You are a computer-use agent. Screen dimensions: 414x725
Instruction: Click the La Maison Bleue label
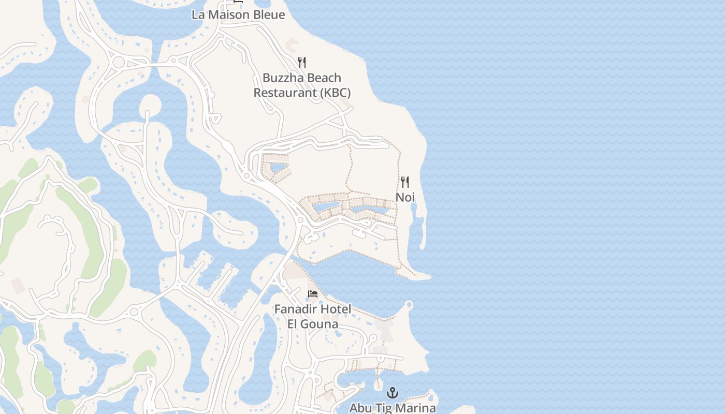point(238,14)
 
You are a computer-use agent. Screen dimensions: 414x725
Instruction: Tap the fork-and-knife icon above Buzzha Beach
point(302,63)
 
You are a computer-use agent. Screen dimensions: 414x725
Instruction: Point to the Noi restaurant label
point(405,197)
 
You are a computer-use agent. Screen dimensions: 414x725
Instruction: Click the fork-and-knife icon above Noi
point(405,182)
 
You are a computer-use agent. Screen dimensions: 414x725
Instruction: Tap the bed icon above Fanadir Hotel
point(313,294)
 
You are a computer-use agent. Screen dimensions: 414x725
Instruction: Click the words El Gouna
point(313,324)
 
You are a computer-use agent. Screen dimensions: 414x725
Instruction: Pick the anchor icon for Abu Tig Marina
point(393,393)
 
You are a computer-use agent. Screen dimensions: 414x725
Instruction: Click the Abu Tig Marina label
point(393,408)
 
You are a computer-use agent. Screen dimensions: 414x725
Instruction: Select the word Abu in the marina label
point(360,408)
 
